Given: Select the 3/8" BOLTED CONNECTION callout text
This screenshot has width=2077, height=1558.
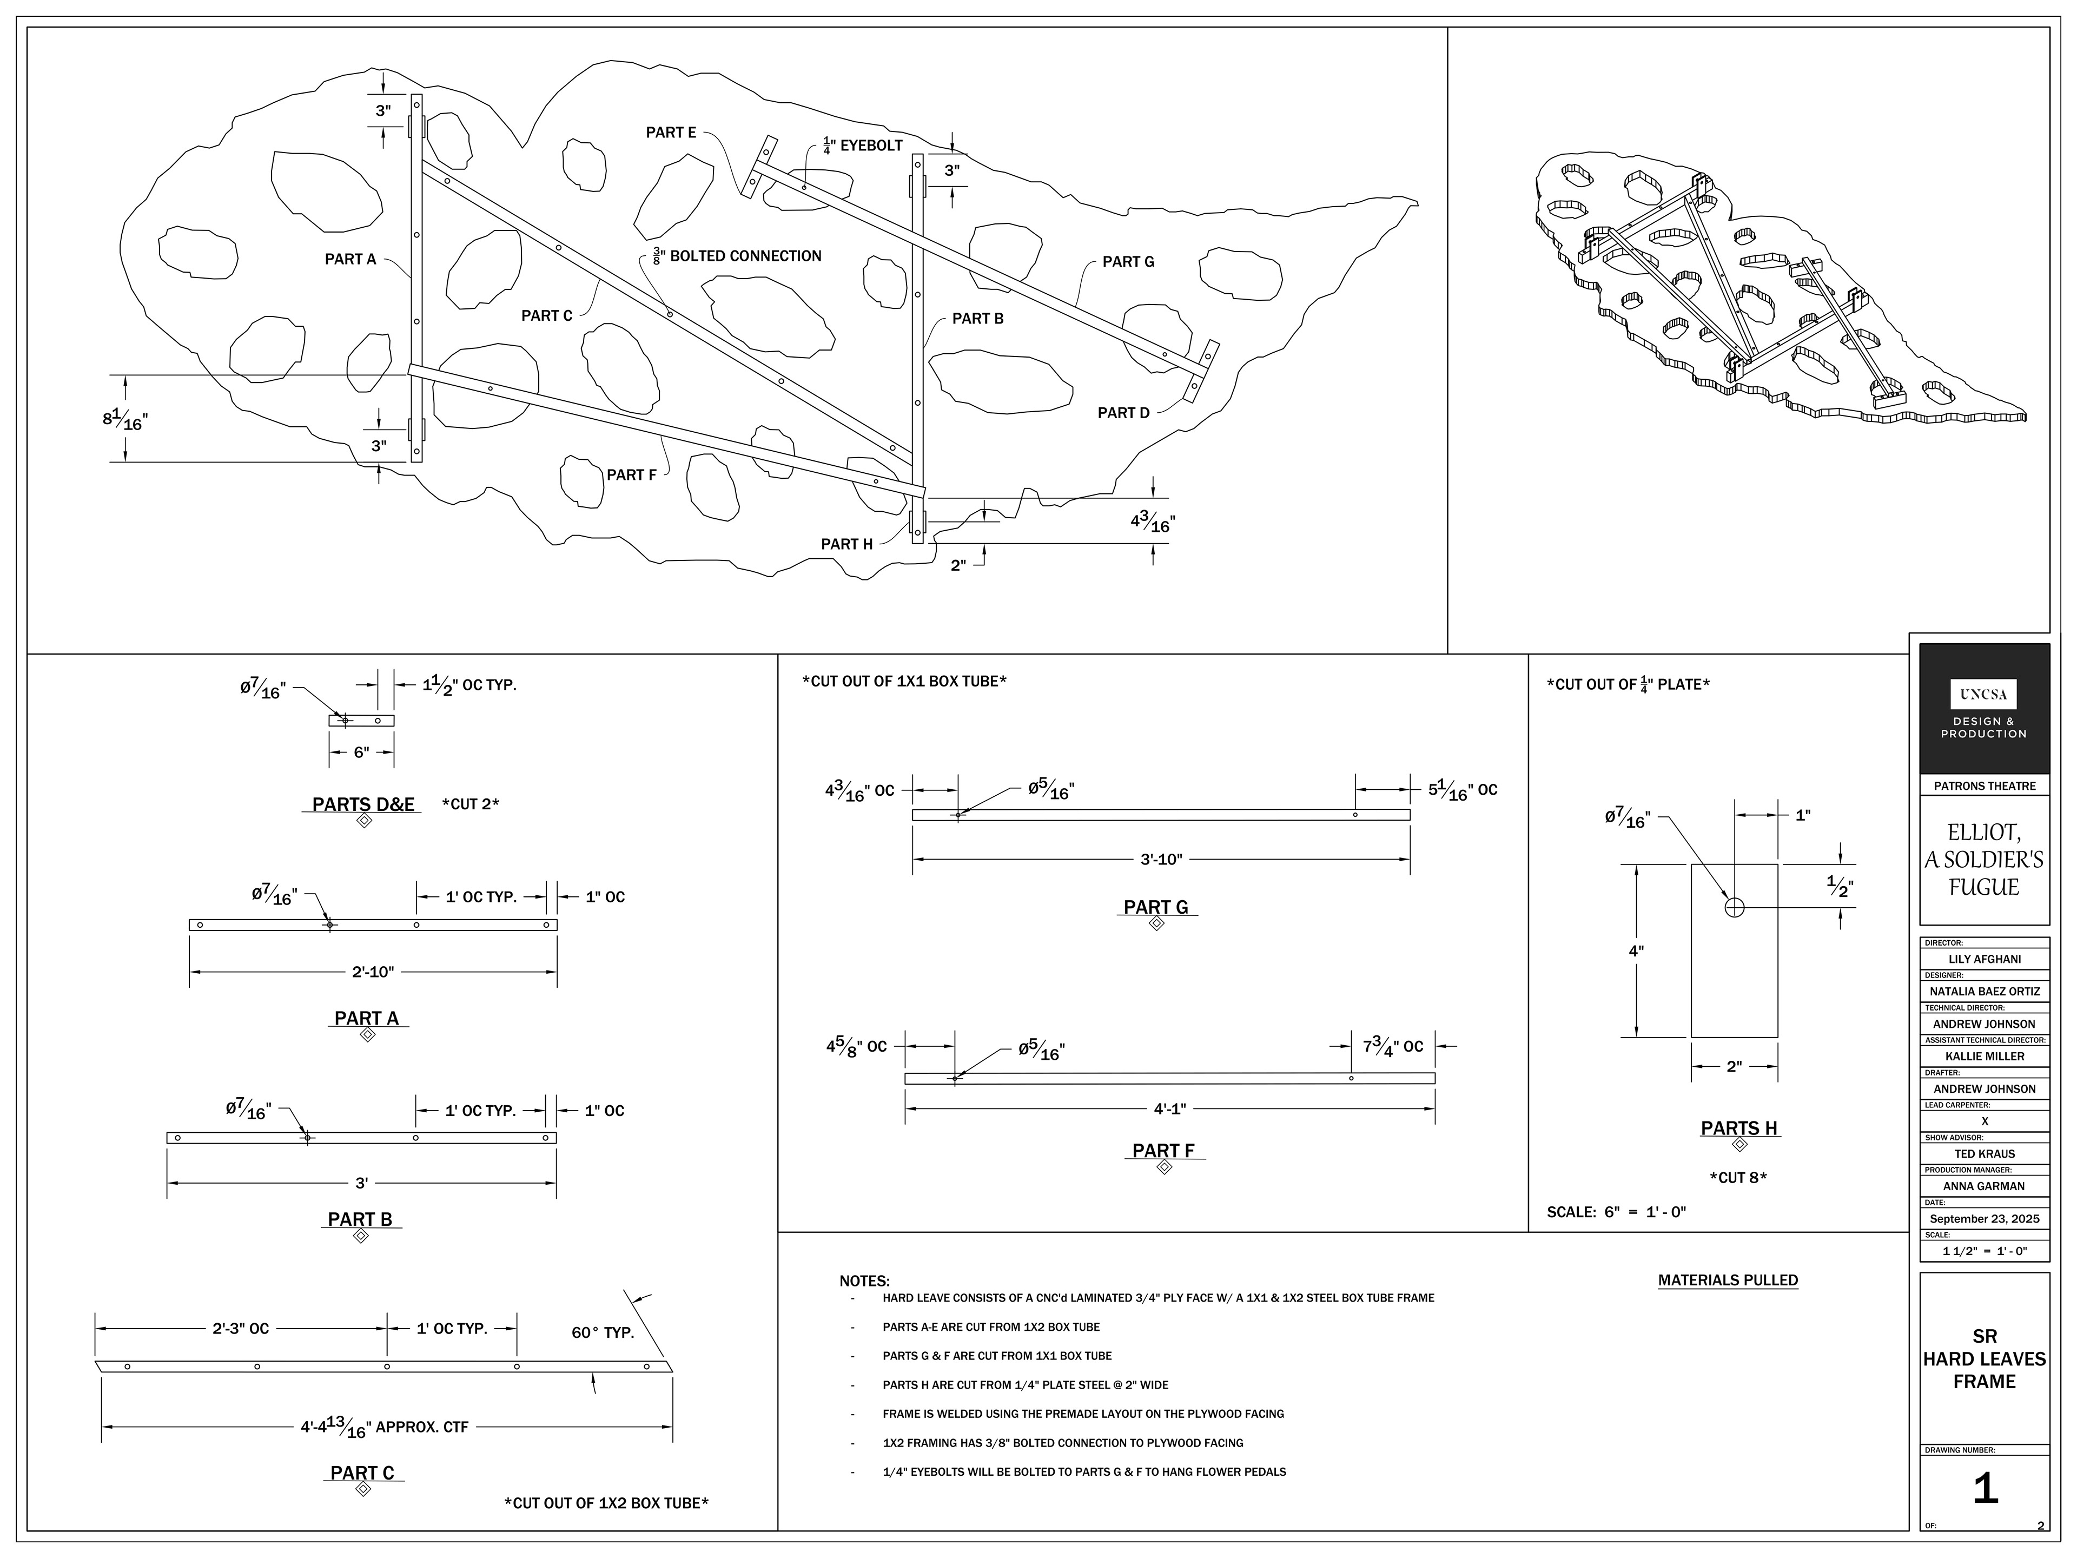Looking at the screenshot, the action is click(x=737, y=256).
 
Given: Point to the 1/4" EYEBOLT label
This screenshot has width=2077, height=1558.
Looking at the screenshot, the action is click(x=862, y=146).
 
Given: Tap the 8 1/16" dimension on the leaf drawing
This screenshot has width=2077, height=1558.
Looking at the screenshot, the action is click(x=125, y=419).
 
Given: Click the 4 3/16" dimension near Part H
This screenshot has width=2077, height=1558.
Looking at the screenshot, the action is click(x=1153, y=522).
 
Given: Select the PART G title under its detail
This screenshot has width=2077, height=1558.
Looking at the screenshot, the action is click(x=1156, y=907).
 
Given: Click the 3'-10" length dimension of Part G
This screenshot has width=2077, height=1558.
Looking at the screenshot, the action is click(x=1161, y=859).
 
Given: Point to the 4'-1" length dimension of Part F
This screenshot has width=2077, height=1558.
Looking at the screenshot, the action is click(x=1170, y=1109).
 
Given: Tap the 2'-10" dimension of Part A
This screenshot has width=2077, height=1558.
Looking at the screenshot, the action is click(x=373, y=972).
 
